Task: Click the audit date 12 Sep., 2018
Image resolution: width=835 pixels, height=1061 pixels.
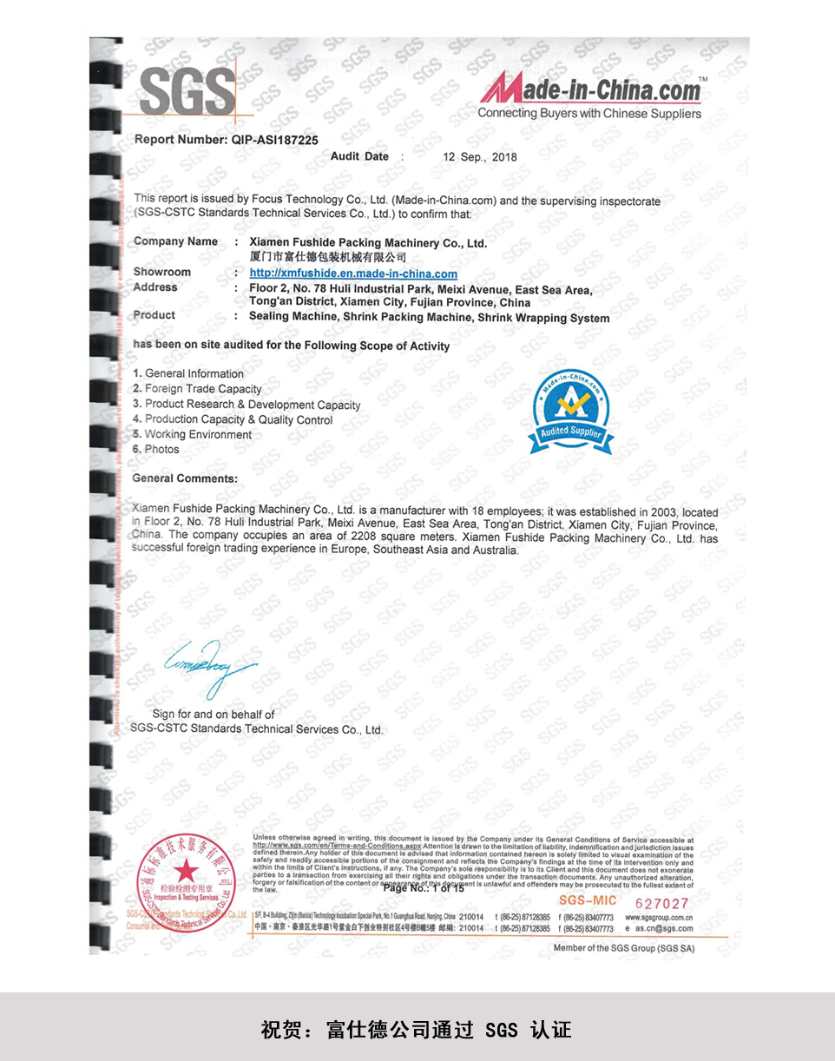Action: coord(480,157)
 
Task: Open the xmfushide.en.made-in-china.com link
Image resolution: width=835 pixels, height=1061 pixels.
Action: coord(353,273)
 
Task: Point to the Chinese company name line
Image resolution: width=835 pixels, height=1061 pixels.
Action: coord(327,258)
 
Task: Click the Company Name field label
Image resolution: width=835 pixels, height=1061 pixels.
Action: coord(175,241)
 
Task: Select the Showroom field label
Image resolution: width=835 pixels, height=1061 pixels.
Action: coord(161,272)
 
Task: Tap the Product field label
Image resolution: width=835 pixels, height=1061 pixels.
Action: coord(154,315)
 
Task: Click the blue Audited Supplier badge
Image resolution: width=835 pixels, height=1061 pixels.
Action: coord(570,411)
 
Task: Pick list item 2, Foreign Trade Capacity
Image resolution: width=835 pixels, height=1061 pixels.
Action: coord(197,389)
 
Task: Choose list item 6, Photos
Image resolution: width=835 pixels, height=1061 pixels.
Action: coord(156,449)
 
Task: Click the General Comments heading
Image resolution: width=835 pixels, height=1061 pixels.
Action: coord(184,478)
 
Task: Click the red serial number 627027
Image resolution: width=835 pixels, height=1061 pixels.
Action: coord(661,903)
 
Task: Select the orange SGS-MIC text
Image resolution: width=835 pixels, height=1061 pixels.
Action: coord(588,901)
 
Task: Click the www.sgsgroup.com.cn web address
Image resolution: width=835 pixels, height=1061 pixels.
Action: coord(659,917)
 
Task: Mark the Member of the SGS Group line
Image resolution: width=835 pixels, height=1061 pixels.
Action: coord(624,948)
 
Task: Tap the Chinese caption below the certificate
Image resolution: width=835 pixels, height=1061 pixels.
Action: coord(417,1031)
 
